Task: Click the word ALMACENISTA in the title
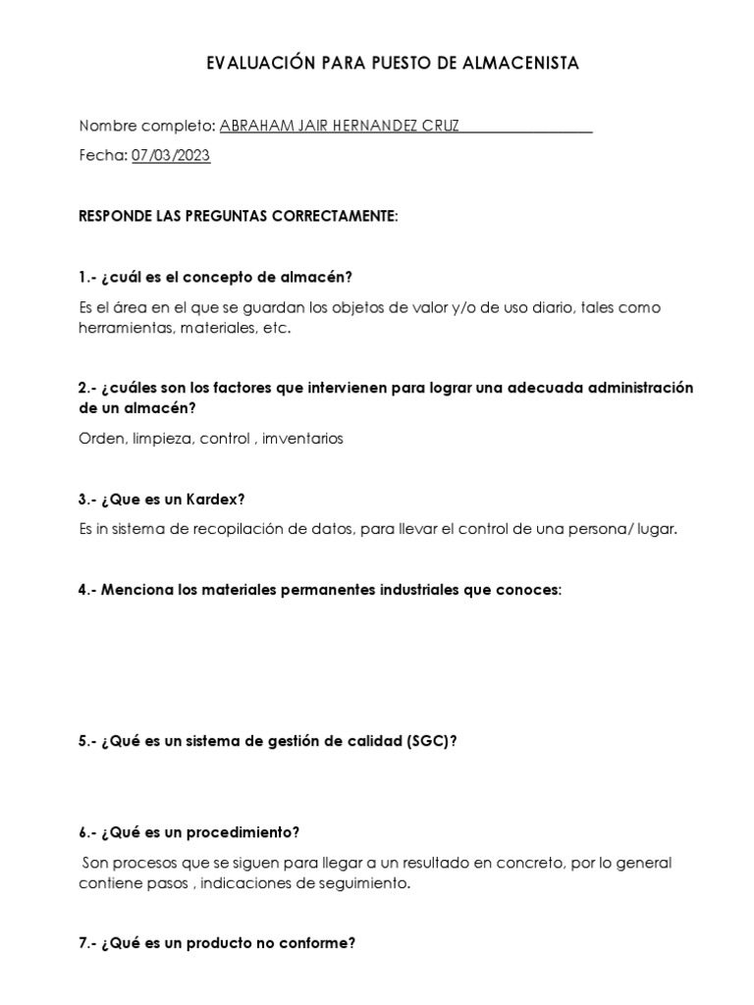524,64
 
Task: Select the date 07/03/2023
171,155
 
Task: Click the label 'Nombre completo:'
146,126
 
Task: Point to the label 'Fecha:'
102,155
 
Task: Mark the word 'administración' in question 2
632,388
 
